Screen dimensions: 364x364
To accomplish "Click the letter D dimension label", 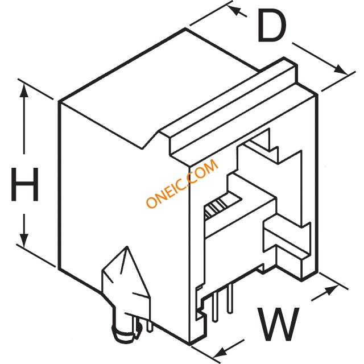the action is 272,26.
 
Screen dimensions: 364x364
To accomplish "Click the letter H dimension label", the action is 24,184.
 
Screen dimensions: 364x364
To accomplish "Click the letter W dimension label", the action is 279,325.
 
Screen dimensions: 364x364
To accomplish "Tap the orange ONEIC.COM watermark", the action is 182,183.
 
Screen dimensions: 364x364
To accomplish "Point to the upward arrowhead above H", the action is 24,91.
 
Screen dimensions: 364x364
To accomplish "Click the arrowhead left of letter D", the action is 234,10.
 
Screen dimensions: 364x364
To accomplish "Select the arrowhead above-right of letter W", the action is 332,289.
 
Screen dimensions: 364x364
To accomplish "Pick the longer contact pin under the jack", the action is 216,307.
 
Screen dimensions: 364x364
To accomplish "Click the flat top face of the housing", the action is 158,88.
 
